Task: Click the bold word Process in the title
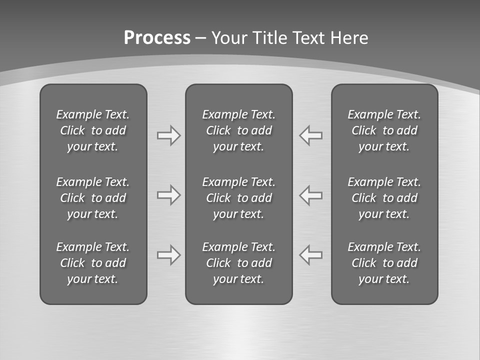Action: tap(157, 38)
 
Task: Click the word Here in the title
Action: tap(348, 38)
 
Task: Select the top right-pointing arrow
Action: tap(168, 135)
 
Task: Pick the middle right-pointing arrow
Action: tap(168, 195)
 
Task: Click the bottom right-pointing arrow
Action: tap(168, 255)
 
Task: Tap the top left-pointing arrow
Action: tap(311, 135)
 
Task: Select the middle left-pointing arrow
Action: tap(311, 195)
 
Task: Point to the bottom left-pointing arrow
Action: tap(311, 255)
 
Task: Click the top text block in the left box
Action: tap(93, 130)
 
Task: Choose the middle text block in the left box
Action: tap(93, 198)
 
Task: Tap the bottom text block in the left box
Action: tap(93, 263)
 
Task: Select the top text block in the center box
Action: tap(239, 130)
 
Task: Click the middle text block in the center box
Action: tap(239, 198)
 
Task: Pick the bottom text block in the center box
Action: tap(239, 263)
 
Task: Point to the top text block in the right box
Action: tap(384, 130)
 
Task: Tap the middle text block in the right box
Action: tap(384, 198)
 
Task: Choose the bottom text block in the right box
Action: tap(384, 263)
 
